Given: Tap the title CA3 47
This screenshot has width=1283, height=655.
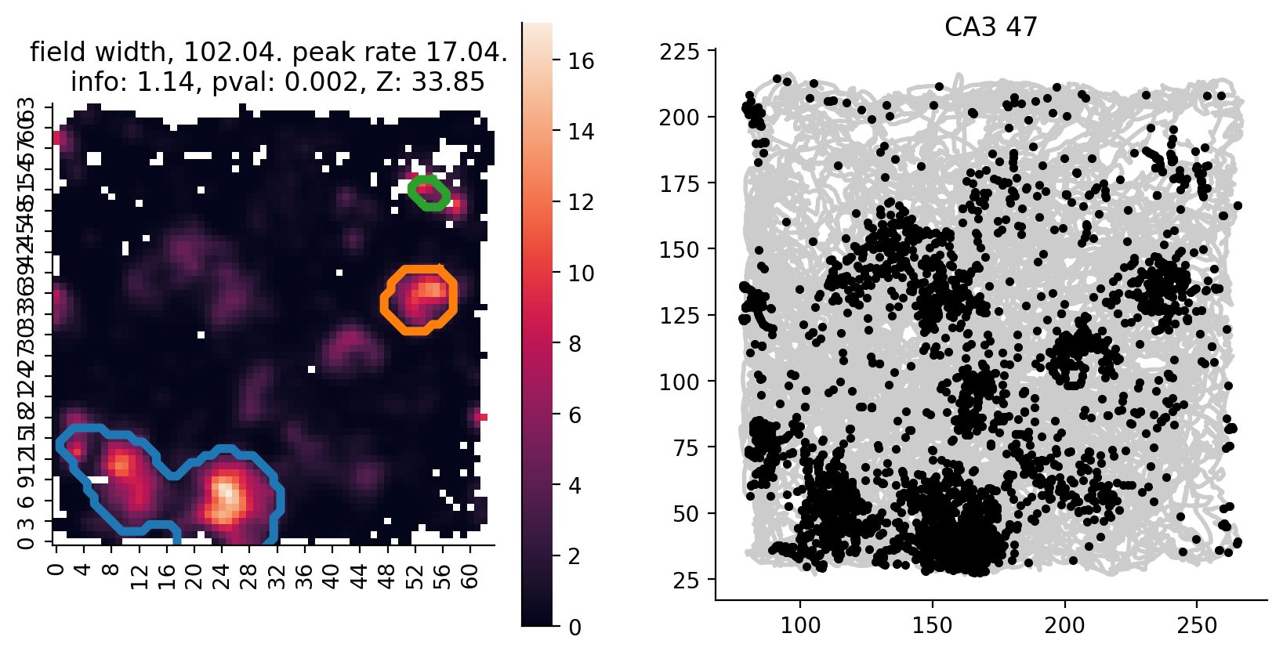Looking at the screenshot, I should pos(991,27).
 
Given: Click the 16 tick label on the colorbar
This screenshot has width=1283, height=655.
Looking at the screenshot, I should pos(581,61).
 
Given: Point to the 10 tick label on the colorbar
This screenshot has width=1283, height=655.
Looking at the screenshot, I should pos(581,273).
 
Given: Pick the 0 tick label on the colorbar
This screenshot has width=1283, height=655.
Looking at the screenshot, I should pos(575,627).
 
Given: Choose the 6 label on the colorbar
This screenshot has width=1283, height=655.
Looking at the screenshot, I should pos(575,414).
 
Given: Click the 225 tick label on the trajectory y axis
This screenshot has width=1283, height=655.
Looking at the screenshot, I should pos(679,52).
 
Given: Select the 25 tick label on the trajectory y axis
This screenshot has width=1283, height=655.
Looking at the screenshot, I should pos(686,581).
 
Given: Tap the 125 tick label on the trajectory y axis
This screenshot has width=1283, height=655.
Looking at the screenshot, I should pos(679,316).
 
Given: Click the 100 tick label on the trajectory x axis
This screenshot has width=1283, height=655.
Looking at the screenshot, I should pos(800,626).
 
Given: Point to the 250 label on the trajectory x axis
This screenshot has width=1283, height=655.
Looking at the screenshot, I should pos(1198,626).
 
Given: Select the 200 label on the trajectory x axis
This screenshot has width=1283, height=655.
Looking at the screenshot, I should pos(1065,626).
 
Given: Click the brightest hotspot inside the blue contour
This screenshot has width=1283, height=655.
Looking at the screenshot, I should pos(226,495).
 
